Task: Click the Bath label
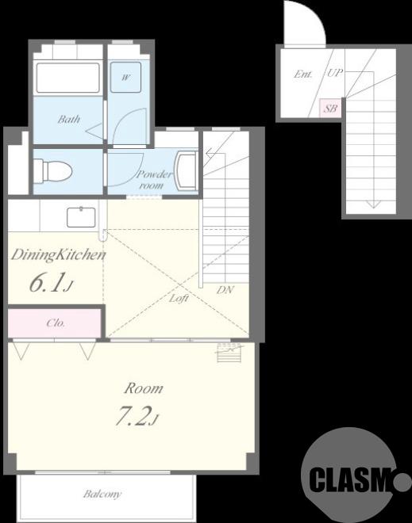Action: (69, 119)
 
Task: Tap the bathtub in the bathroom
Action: (67, 78)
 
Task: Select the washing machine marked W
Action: (125, 77)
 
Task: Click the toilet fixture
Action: (53, 171)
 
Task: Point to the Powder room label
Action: (154, 180)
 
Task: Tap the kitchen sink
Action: (81, 217)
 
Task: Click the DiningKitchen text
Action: (59, 255)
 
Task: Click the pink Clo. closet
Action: (55, 323)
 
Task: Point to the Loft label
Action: (179, 298)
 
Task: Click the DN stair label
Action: (225, 290)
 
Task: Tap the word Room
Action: (144, 388)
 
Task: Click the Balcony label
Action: (102, 494)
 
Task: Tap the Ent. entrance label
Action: (303, 74)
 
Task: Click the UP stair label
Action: (335, 72)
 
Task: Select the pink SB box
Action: (330, 109)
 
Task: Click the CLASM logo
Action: (353, 478)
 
